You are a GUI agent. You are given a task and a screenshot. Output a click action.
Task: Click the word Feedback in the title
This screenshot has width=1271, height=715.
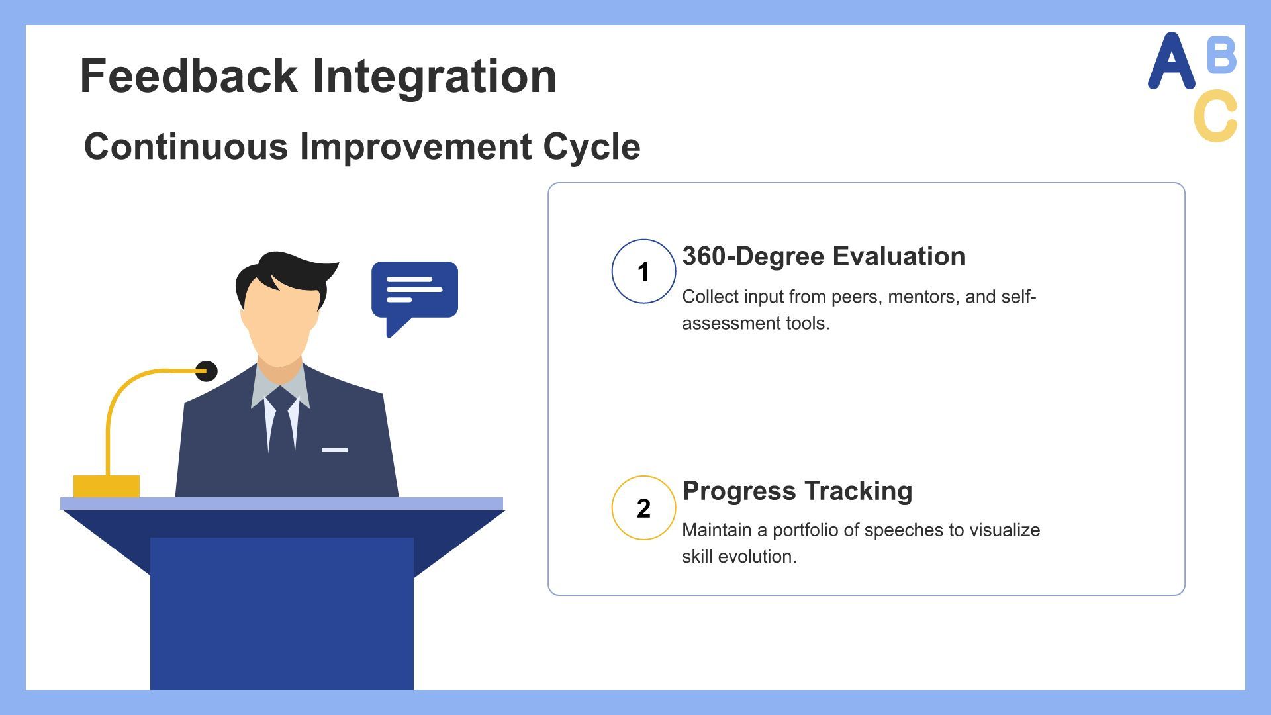(x=189, y=75)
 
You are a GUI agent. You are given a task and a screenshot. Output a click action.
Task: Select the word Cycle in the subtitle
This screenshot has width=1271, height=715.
(x=592, y=148)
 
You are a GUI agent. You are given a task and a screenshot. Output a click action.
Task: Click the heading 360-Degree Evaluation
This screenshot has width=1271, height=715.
(x=824, y=257)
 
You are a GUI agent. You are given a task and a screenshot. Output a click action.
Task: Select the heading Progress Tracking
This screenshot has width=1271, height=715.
(x=797, y=491)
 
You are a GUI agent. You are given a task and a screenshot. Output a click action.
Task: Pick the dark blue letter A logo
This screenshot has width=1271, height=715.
(x=1171, y=60)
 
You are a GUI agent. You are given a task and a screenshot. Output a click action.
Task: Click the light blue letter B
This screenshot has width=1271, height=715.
(x=1221, y=55)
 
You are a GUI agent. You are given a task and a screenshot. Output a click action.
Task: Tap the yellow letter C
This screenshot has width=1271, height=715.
(x=1215, y=116)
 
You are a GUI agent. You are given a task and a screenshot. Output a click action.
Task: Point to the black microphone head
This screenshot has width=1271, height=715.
(x=207, y=371)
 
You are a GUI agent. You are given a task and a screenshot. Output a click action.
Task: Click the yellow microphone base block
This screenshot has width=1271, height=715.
(x=107, y=486)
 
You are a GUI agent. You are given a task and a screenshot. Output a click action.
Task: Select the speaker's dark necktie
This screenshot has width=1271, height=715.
(x=281, y=420)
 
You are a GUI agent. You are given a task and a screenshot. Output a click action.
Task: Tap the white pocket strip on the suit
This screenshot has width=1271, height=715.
(x=334, y=450)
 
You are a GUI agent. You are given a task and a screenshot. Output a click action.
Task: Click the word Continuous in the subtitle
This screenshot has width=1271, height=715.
(x=186, y=146)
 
